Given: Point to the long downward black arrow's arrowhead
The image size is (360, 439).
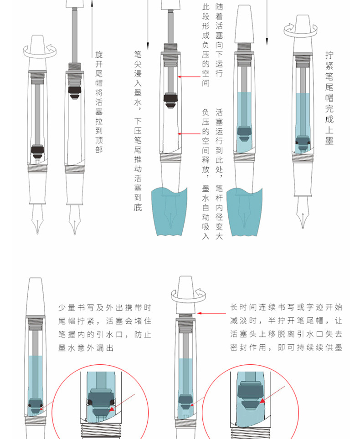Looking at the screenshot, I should pyautogui.click(x=148, y=46).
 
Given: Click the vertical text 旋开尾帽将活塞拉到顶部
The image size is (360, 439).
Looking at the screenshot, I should pyautogui.click(x=99, y=101).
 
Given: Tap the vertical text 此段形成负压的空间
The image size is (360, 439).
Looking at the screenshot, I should pyautogui.click(x=206, y=46).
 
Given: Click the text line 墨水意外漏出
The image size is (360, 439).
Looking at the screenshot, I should pyautogui.click(x=86, y=348).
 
